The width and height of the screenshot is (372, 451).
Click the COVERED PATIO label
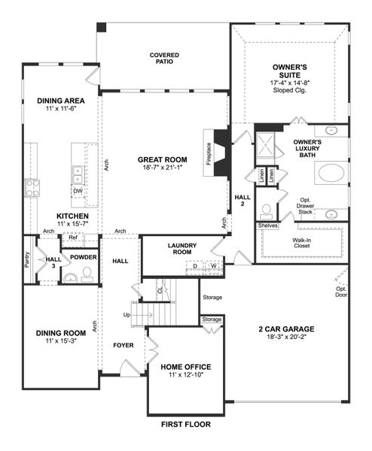(163, 59)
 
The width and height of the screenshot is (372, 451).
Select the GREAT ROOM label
(162, 159)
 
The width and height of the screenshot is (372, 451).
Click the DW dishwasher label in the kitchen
(78, 191)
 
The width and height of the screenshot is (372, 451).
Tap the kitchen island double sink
(78, 174)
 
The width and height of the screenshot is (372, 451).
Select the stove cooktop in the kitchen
(32, 186)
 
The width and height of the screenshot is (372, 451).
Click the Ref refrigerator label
(73, 238)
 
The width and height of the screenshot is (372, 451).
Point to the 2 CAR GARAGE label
(285, 329)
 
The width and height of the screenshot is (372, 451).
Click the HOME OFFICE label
(185, 367)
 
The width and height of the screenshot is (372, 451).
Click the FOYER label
(123, 347)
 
